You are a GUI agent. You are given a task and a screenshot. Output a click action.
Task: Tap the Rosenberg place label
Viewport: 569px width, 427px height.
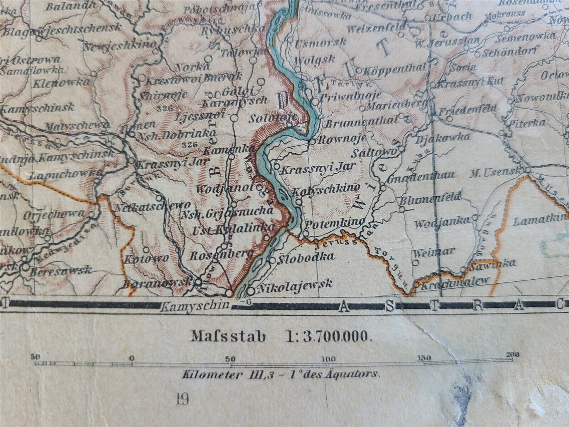click(x=222, y=255)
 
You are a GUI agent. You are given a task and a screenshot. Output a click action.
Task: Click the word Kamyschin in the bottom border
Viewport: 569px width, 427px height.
click(x=195, y=304)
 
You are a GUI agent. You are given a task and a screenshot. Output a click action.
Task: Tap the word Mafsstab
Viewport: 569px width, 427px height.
click(x=228, y=336)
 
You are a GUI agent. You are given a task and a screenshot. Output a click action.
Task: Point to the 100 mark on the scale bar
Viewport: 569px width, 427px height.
click(x=328, y=358)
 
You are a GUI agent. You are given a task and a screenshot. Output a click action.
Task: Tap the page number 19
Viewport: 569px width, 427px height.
click(x=183, y=399)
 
